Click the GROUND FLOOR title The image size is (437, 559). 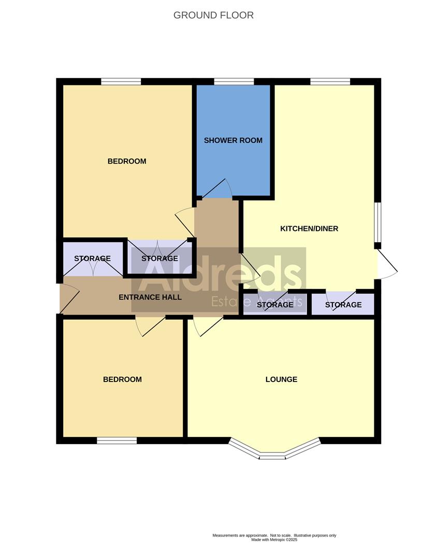point(213,15)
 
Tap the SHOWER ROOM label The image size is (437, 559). point(233,140)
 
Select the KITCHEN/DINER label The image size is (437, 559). point(309,228)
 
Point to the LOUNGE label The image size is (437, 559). point(281,379)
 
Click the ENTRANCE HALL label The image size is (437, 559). point(150,297)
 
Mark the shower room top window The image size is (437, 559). point(234,81)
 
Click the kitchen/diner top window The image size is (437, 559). point(330,81)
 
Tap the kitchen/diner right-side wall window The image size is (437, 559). point(378,222)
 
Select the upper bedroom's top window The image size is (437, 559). point(121,81)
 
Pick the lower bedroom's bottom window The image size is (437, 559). point(116,440)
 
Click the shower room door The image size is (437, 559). point(216,189)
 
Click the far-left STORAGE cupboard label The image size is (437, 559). point(92,258)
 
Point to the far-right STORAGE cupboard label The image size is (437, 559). point(343,305)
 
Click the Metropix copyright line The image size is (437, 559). point(274,539)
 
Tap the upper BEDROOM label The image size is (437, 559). point(127,161)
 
